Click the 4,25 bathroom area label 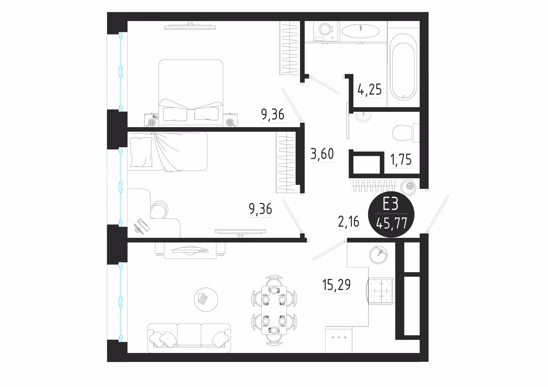(370, 90)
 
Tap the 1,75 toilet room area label (401, 160)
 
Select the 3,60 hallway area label (322, 154)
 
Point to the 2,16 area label (348, 222)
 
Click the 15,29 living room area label (337, 285)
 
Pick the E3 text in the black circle (390, 204)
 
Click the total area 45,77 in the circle (392, 223)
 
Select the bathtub (403, 67)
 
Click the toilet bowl (406, 133)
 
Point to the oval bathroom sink (360, 31)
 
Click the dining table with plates (274, 310)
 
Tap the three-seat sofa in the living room (189, 338)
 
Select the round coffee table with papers (206, 299)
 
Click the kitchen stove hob (380, 291)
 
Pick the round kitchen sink (378, 255)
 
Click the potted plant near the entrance (408, 187)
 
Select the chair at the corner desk (159, 209)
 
